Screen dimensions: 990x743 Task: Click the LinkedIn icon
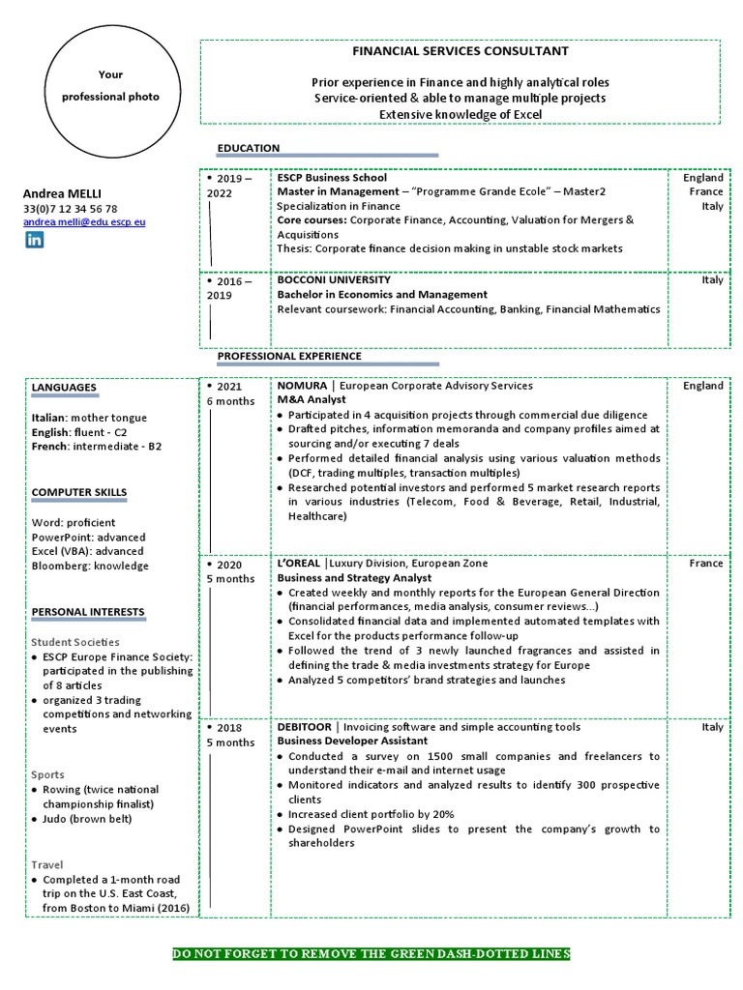click(x=34, y=240)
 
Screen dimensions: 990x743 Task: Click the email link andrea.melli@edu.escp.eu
click(x=84, y=221)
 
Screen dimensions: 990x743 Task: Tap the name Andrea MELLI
click(x=62, y=193)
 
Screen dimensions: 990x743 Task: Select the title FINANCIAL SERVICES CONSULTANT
click(x=460, y=51)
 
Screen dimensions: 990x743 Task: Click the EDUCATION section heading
click(x=249, y=148)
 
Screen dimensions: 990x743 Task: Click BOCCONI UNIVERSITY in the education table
click(x=335, y=280)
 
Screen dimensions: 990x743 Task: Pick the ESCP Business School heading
click(x=332, y=178)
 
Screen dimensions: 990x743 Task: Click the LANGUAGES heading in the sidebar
click(x=64, y=388)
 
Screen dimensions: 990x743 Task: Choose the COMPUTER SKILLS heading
click(x=79, y=492)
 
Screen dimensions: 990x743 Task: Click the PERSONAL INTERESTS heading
click(x=88, y=612)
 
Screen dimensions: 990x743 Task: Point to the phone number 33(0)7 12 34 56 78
click(x=70, y=208)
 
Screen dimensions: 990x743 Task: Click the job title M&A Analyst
click(x=312, y=400)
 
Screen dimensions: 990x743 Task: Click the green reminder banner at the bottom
click(x=371, y=954)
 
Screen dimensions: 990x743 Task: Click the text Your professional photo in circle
click(x=110, y=86)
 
